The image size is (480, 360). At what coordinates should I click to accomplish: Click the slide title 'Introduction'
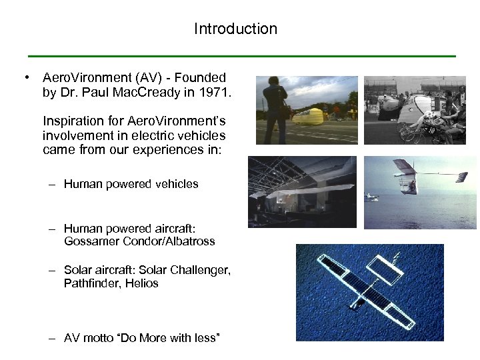pos(235,29)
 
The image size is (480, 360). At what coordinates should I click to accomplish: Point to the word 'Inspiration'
pos(75,121)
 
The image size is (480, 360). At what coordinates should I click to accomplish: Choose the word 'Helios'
pos(143,283)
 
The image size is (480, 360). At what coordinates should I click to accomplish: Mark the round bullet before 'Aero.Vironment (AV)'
pos(25,78)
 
